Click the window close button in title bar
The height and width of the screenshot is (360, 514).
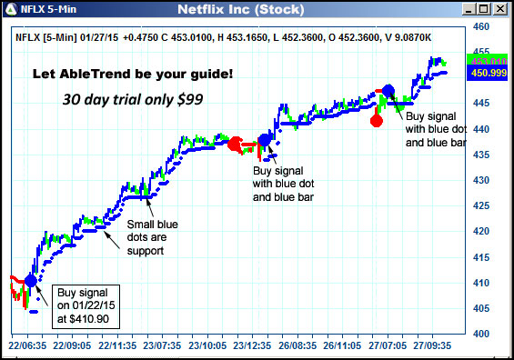(501, 10)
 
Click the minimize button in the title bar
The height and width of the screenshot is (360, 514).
(469, 10)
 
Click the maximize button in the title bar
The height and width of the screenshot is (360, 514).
(485, 10)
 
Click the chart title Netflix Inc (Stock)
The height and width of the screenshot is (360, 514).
(257, 10)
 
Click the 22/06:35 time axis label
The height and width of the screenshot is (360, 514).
(26, 346)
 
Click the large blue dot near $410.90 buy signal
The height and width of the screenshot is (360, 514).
(31, 281)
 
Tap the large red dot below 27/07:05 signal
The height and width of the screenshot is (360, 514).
(377, 120)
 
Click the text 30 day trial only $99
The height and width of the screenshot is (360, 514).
(131, 98)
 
